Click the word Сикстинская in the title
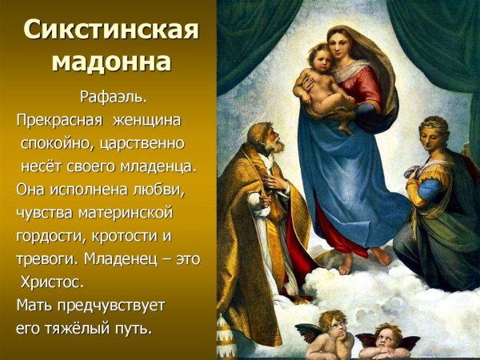tap(110, 30)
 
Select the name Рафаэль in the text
tap(113, 98)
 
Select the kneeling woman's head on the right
tap(434, 134)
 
